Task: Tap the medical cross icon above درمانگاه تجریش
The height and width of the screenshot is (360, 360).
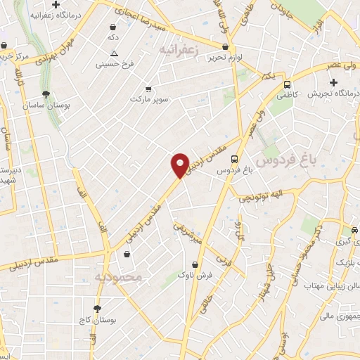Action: pyautogui.click(x=333, y=84)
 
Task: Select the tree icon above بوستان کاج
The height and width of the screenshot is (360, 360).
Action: pyautogui.click(x=97, y=309)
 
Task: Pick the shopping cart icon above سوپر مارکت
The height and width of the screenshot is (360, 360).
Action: pyautogui.click(x=148, y=89)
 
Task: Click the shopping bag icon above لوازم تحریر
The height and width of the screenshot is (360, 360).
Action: pyautogui.click(x=224, y=46)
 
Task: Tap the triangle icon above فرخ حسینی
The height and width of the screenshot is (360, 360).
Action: pyautogui.click(x=115, y=53)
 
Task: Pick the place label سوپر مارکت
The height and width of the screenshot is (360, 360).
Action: pyautogui.click(x=149, y=100)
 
